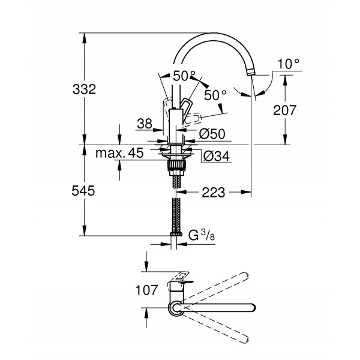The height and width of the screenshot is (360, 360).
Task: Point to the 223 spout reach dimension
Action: coord(213,193)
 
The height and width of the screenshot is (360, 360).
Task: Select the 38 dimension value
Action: coord(144,124)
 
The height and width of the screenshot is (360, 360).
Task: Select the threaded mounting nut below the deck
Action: coord(175,163)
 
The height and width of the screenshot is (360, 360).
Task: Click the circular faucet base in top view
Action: coord(175,308)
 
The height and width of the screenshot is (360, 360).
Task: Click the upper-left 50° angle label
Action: coord(184,76)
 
